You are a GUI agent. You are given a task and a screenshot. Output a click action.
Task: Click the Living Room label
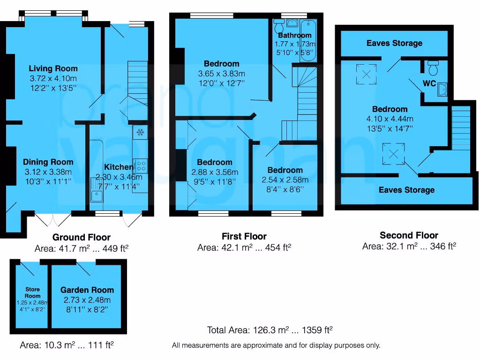point(53,68)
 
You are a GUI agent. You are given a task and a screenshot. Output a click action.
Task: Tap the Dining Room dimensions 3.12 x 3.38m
point(48,172)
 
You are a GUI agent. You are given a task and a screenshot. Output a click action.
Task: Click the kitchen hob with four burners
point(140,165)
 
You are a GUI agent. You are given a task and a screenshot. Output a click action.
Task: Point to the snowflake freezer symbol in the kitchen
point(140,133)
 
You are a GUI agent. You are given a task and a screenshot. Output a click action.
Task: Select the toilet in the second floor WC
point(434,68)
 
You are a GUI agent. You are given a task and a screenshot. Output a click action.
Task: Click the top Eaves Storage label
point(394,43)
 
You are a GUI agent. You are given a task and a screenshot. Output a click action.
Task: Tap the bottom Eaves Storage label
point(406,190)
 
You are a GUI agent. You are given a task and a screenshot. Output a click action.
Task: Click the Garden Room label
point(87,290)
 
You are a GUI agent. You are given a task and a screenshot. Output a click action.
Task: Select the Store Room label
point(32,292)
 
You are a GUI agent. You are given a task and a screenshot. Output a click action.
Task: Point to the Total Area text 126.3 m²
point(270,330)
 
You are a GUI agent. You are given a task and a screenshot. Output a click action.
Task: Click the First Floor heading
point(244,236)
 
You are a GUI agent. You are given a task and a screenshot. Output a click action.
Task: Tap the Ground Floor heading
point(82,237)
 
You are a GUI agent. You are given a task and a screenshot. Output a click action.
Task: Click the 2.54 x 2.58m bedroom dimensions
point(285,180)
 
